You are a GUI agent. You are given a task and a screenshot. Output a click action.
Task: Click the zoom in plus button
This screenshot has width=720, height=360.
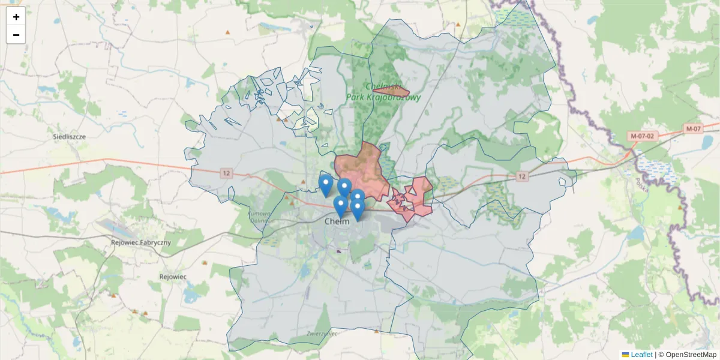tap(16, 17)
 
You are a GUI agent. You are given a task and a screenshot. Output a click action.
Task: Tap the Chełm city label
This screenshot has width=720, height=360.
tap(337, 221)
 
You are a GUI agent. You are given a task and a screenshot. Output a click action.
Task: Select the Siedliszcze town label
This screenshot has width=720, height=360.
tap(70, 137)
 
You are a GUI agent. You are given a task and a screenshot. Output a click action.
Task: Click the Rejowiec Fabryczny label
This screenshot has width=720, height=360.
tap(141, 243)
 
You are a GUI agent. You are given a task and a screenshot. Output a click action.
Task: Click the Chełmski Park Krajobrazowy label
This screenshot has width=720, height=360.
tap(384, 92)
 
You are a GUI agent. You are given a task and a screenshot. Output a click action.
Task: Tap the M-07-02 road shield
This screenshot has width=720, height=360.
tap(643, 136)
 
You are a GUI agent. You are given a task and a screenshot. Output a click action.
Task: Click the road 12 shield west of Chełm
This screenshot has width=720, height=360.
tap(226, 173)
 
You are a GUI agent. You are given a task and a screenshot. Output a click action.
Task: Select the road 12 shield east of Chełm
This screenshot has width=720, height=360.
tap(522, 176)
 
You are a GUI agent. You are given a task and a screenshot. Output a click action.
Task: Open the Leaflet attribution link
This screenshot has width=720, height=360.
tap(641, 355)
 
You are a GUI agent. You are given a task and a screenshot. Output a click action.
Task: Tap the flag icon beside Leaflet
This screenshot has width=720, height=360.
tap(625, 355)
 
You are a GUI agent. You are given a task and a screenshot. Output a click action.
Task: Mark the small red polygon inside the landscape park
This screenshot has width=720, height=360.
tap(392, 92)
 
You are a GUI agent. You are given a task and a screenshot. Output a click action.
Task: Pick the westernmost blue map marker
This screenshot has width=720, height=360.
tap(326, 186)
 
